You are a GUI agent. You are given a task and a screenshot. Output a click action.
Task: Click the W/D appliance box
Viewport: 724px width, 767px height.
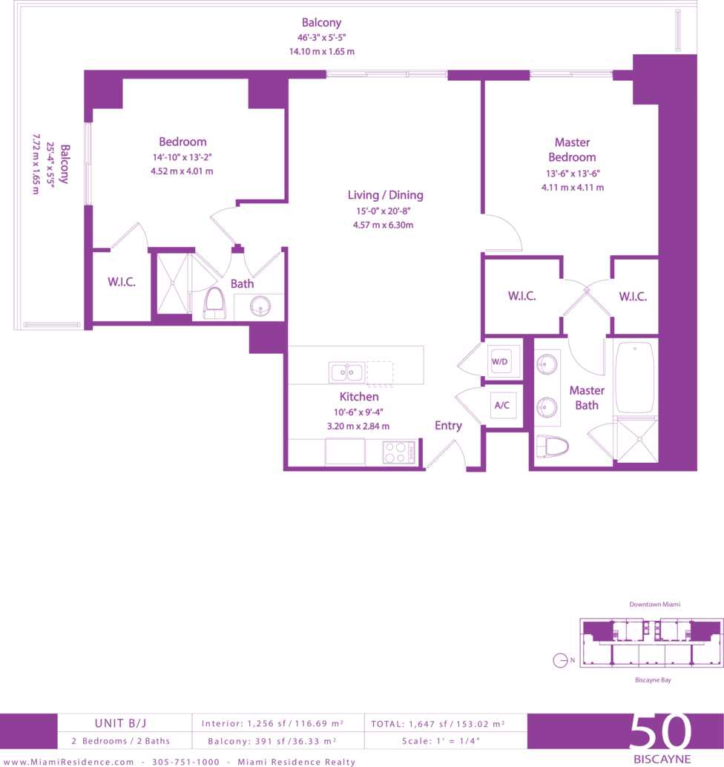pyautogui.click(x=499, y=361)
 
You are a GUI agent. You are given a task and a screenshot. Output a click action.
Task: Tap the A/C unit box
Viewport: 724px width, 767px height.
pyautogui.click(x=503, y=405)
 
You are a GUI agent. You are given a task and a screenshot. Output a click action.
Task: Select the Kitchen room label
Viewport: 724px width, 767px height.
pyautogui.click(x=359, y=397)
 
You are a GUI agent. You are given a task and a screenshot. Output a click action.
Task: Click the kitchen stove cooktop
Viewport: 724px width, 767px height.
pyautogui.click(x=398, y=452)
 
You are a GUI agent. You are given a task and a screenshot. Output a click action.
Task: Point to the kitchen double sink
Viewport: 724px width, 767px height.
pyautogui.click(x=347, y=372)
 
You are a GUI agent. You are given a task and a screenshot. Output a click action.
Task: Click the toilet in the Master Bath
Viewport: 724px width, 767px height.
pyautogui.click(x=553, y=447)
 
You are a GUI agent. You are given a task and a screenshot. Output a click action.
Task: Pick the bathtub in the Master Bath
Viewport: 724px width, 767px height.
pyautogui.click(x=635, y=378)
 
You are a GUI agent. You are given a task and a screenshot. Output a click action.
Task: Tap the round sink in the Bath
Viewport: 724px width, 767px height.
pyautogui.click(x=260, y=307)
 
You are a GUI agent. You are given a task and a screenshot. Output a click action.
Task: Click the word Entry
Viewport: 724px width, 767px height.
pyautogui.click(x=448, y=426)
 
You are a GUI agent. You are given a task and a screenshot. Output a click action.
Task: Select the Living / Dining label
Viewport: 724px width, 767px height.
pyautogui.click(x=386, y=195)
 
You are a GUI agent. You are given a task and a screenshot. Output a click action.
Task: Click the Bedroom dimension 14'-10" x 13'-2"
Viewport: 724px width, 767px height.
pyautogui.click(x=182, y=157)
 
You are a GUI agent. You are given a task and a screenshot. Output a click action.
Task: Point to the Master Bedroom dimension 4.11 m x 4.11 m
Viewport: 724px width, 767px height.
pyautogui.click(x=573, y=188)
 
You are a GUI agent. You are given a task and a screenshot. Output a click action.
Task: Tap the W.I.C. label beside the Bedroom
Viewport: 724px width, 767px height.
pyautogui.click(x=122, y=282)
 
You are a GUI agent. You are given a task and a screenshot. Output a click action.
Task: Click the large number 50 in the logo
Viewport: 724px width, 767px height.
pyautogui.click(x=660, y=731)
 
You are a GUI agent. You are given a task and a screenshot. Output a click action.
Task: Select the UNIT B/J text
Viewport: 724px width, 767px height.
pyautogui.click(x=120, y=723)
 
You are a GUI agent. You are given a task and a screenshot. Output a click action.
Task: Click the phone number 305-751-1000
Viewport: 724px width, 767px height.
pyautogui.click(x=185, y=762)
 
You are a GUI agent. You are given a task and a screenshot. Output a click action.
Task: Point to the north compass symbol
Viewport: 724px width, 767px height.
pyautogui.click(x=560, y=660)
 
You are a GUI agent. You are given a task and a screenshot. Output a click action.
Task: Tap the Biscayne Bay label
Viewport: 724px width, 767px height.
pyautogui.click(x=653, y=680)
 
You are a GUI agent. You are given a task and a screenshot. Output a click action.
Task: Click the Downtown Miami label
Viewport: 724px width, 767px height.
pyautogui.click(x=654, y=605)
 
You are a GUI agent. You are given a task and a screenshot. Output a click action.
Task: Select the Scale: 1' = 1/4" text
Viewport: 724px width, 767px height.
pyautogui.click(x=441, y=741)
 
